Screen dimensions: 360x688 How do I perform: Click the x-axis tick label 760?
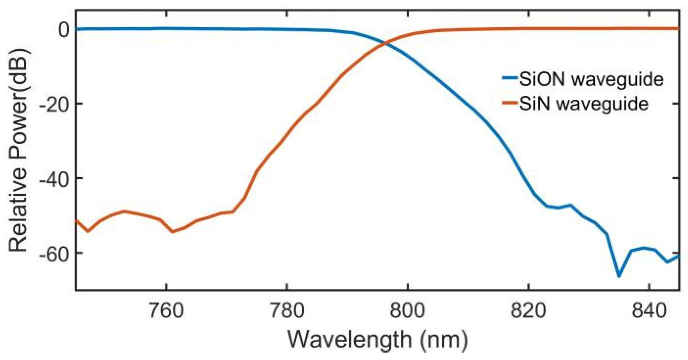tap(166, 311)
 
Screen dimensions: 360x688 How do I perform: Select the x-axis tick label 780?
tap(287, 311)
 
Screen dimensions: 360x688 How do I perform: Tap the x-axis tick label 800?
tap(407, 311)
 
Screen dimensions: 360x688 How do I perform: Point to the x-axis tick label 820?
tap(528, 311)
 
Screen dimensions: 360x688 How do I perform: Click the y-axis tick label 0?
tap(64, 30)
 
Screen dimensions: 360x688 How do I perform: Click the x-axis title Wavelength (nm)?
tap(377, 340)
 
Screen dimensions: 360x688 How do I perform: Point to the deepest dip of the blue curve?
tap(619, 276)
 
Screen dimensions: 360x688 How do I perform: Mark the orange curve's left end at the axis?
tap(77, 220)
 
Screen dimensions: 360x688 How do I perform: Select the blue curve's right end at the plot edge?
tap(678, 256)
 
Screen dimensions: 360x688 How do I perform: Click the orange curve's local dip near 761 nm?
tap(172, 231)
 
